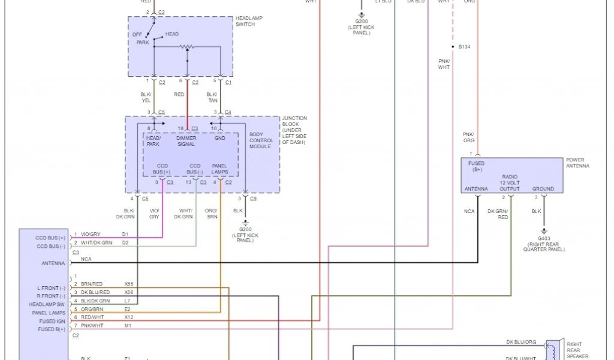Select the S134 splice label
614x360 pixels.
[x=465, y=47]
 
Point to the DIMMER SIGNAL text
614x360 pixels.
[x=186, y=141]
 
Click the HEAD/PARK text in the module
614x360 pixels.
[x=154, y=141]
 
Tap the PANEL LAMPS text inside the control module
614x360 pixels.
[x=219, y=169]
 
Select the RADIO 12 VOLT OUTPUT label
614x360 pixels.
[x=510, y=183]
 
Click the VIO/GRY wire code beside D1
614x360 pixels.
[x=92, y=235]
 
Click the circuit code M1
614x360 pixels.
[x=127, y=325]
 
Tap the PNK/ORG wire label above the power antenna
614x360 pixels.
[x=468, y=137]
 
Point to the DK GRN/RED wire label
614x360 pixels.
[x=499, y=214]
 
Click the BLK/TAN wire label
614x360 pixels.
[x=212, y=97]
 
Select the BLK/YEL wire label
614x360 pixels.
[x=146, y=97]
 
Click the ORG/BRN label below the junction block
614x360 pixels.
[x=211, y=214]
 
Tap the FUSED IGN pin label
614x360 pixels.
[x=53, y=322]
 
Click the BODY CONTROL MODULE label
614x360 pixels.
[x=261, y=140]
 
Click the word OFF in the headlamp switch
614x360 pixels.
[x=137, y=34]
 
